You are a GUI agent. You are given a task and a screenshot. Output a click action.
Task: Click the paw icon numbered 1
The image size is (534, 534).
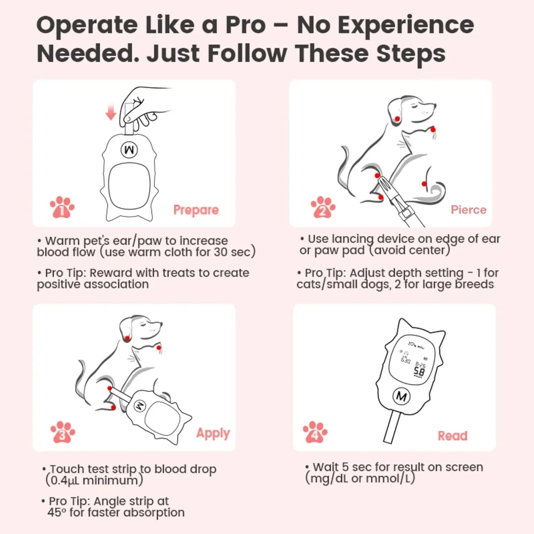coord(62,207)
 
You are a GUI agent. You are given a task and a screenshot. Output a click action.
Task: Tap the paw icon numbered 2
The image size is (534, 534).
coord(323,207)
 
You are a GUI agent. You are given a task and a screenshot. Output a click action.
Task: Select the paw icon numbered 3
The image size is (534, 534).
coord(63,432)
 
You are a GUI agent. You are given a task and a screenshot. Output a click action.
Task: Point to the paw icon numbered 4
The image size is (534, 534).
coord(315,432)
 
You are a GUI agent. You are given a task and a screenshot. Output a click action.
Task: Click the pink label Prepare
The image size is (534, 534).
coord(196,210)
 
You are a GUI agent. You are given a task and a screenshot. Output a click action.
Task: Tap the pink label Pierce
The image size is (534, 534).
coord(468,210)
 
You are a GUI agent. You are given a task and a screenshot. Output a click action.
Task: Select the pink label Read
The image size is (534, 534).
coord(453,436)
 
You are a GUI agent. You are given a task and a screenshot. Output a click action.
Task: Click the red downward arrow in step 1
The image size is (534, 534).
coord(111,113)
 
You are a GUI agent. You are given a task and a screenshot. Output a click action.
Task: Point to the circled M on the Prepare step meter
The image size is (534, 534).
coord(129,150)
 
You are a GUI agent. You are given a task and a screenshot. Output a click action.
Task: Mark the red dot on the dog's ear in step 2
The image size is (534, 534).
coord(397,119)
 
